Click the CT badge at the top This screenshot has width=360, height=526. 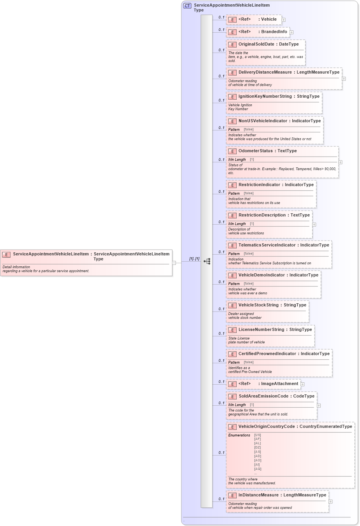click(187, 6)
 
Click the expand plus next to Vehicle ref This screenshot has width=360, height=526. click(283, 20)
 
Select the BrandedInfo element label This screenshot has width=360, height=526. click(274, 32)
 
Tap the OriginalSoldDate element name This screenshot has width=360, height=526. click(256, 44)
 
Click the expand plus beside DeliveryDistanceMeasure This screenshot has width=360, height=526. click(344, 79)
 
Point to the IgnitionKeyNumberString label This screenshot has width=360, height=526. click(265, 97)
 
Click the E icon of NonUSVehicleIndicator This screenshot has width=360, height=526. click(232, 121)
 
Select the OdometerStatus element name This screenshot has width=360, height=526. click(255, 151)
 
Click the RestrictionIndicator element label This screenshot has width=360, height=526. click(259, 185)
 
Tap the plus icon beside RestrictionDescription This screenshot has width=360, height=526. click(314, 225)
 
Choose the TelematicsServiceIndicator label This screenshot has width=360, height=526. click(267, 245)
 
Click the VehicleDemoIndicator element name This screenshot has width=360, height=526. click(262, 275)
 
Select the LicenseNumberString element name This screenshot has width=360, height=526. click(261, 330)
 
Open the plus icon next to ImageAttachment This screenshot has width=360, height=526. click(302, 384)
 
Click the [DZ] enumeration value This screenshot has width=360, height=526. click(257, 448)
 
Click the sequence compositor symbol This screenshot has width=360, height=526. click(207, 261)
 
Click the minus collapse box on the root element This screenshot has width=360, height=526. click(174, 263)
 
